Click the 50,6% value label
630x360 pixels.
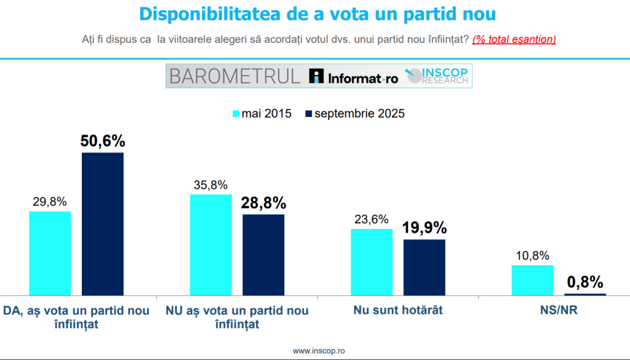pyautogui.click(x=103, y=141)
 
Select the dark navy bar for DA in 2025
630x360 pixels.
pyautogui.click(x=103, y=223)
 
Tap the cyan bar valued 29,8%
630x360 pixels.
pyautogui.click(x=50, y=253)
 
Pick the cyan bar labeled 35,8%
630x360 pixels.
pyautogui.click(x=211, y=244)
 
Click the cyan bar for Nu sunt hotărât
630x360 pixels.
pyautogui.click(x=372, y=262)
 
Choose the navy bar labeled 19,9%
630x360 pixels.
pyautogui.click(x=424, y=267)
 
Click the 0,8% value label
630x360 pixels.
pyautogui.click(x=584, y=282)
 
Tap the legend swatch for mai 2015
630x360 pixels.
pyautogui.click(x=234, y=114)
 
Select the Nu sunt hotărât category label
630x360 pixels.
pyautogui.click(x=398, y=311)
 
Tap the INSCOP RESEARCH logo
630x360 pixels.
pyautogui.click(x=437, y=76)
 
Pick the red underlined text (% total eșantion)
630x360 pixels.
pyautogui.click(x=514, y=39)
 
